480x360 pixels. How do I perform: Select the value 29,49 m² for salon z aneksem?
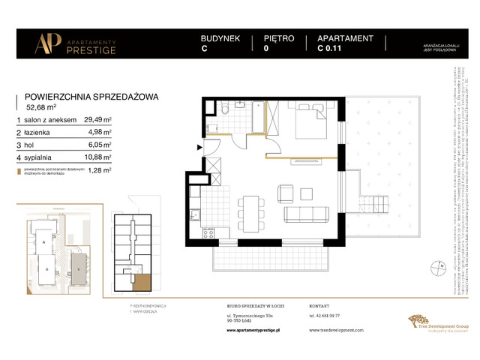point(97,119)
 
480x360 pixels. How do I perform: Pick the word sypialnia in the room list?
point(41,157)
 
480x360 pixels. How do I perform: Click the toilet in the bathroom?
point(226,112)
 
